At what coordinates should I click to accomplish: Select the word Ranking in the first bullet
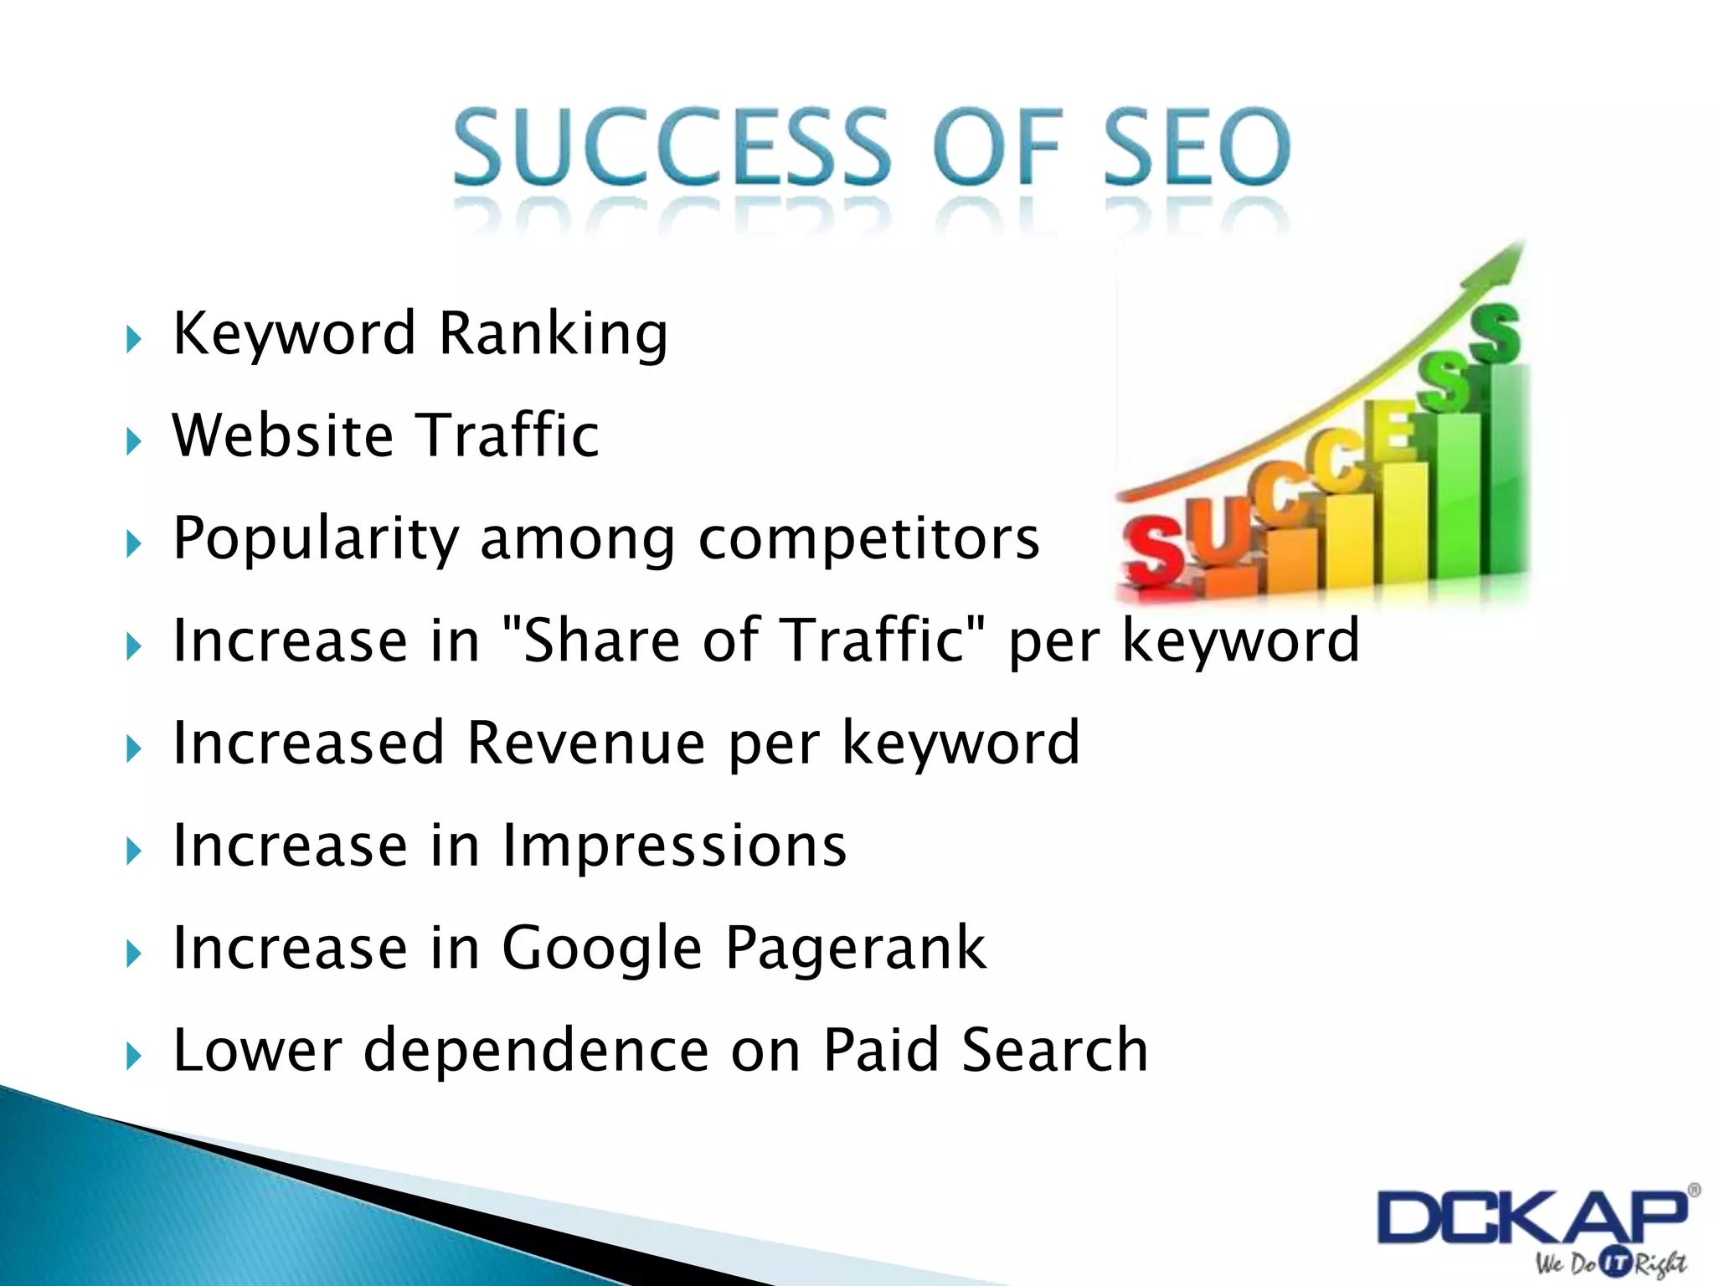click(553, 334)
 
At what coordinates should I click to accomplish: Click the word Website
click(283, 435)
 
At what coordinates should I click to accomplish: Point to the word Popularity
click(316, 538)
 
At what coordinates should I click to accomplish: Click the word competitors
click(868, 538)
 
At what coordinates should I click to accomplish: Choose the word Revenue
click(585, 743)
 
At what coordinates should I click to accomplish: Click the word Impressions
click(674, 846)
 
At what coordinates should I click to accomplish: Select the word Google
click(601, 949)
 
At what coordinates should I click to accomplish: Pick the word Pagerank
click(855, 949)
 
